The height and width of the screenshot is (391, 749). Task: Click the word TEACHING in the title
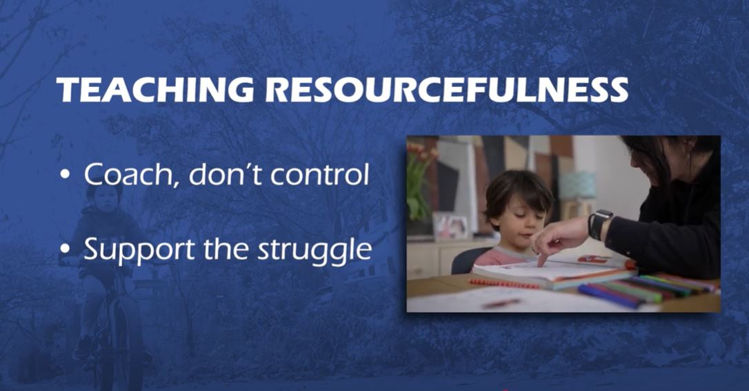[154, 90]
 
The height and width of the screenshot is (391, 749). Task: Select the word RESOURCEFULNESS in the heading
[447, 90]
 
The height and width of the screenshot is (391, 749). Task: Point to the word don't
[226, 175]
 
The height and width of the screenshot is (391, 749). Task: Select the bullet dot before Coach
[65, 175]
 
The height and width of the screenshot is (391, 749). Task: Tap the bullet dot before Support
[65, 249]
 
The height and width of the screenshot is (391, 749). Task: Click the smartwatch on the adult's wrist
[599, 224]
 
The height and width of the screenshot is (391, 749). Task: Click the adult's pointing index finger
[543, 256]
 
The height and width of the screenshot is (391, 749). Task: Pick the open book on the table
[554, 273]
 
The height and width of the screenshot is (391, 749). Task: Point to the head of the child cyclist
[104, 194]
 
